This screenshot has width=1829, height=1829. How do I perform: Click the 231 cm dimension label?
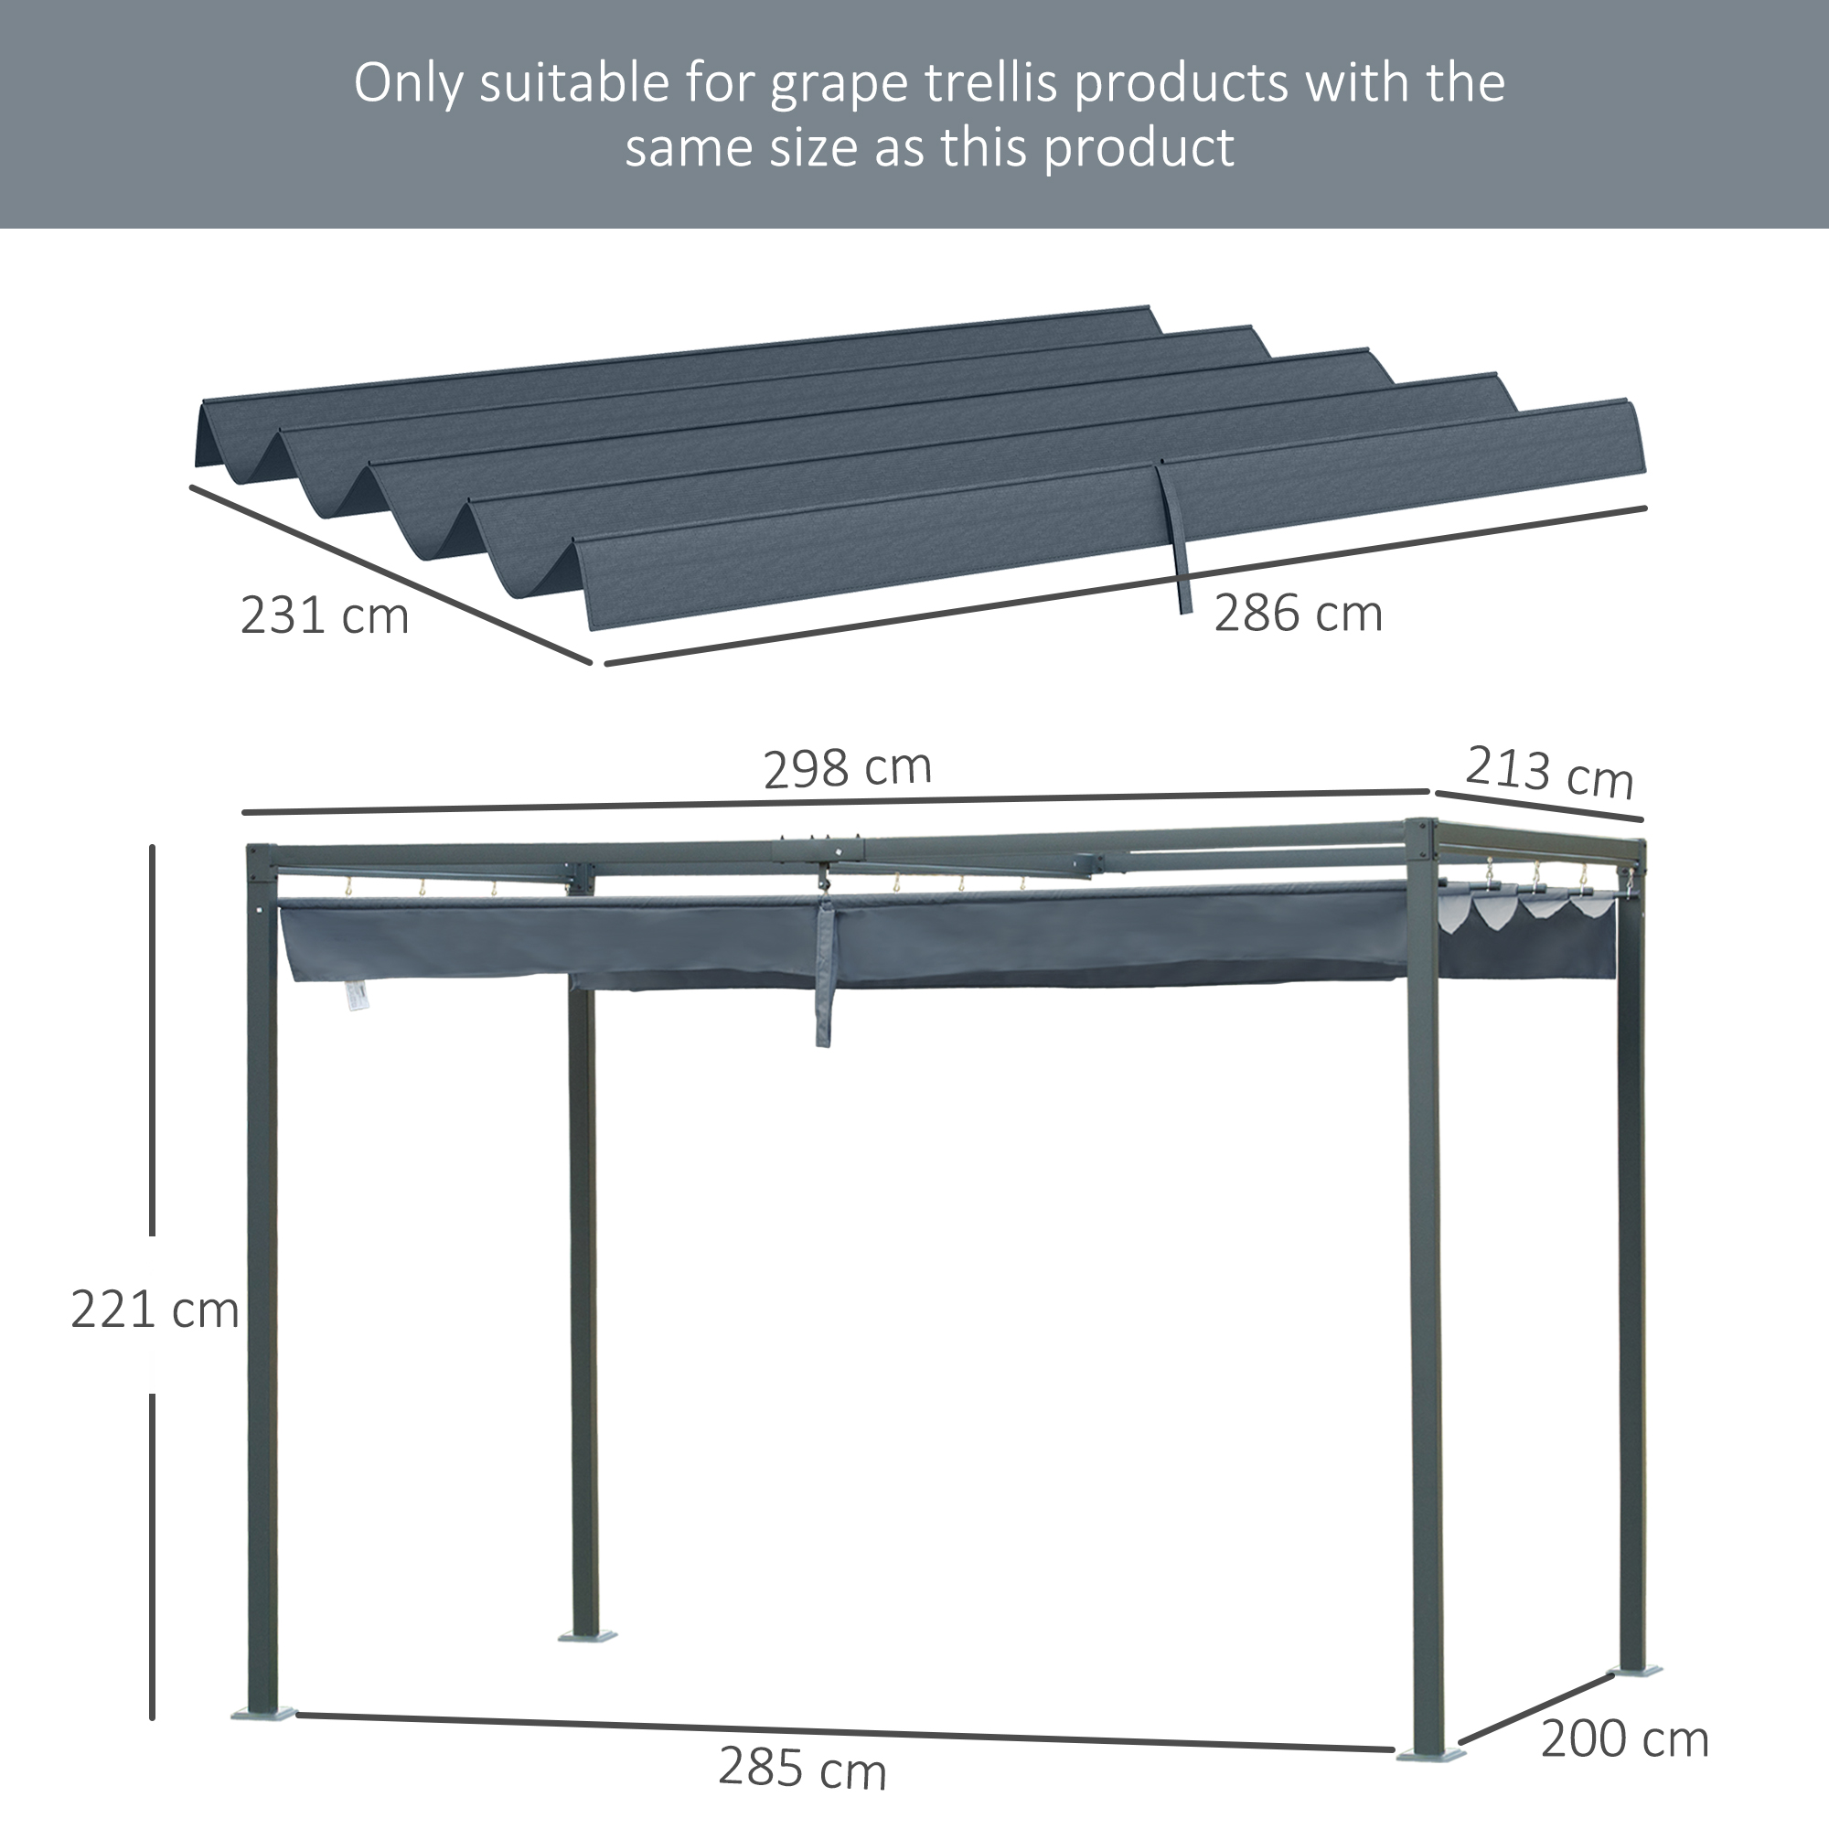click(325, 615)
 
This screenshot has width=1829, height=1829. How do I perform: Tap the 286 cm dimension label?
click(1298, 614)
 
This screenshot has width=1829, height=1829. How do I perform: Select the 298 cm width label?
click(848, 768)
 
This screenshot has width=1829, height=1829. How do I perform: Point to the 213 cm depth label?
click(1549, 773)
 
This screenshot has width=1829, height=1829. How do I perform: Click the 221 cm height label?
click(155, 1310)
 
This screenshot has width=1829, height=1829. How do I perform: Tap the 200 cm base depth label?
click(1624, 1739)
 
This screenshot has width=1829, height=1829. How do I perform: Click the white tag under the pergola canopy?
click(356, 995)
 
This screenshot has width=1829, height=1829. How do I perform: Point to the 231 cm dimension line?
click(391, 574)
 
